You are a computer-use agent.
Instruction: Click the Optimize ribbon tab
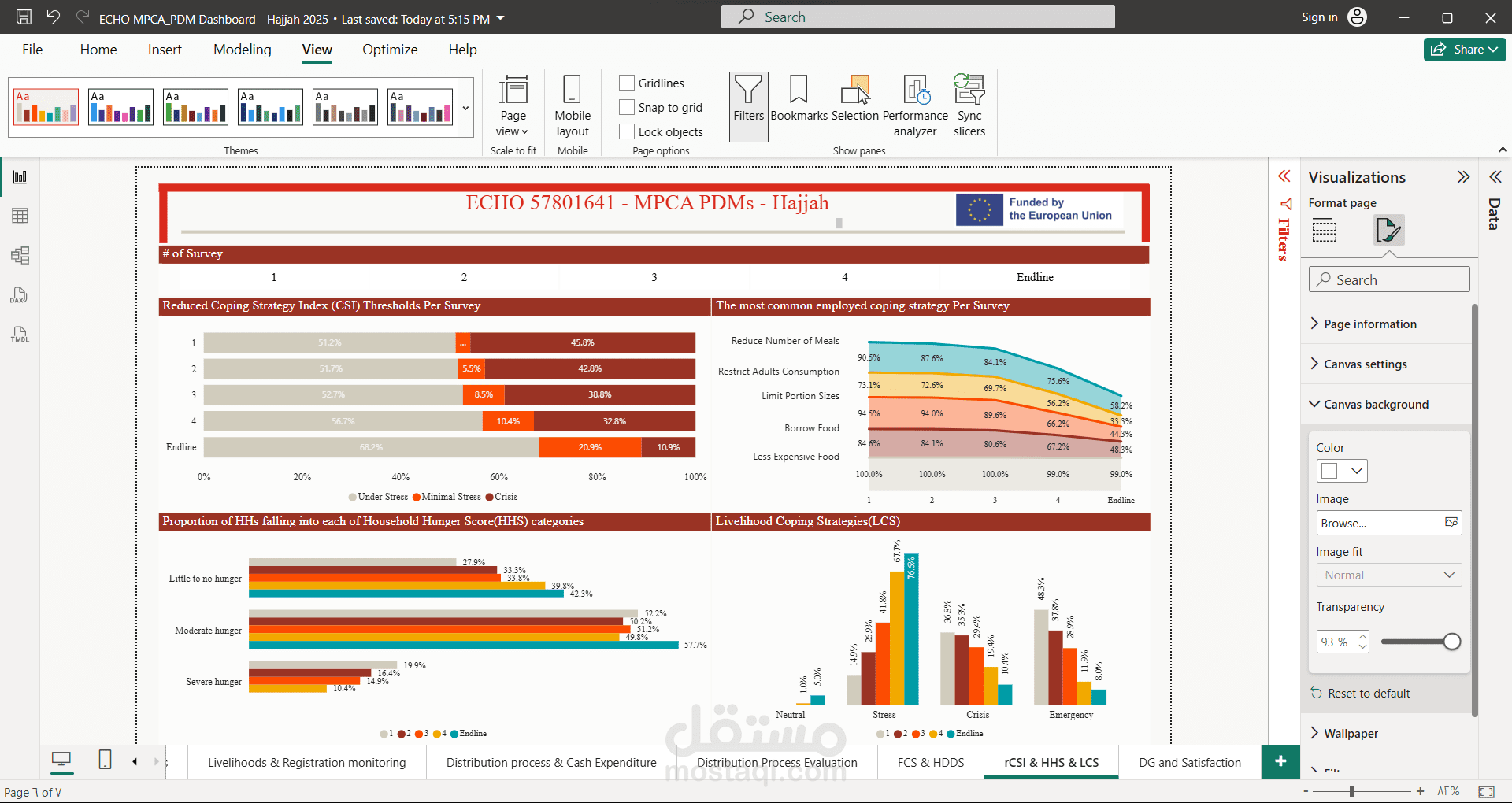(x=390, y=50)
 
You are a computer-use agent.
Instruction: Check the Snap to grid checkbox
(x=628, y=107)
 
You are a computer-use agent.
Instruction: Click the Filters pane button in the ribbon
(x=748, y=106)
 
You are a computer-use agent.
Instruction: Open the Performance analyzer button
(x=915, y=106)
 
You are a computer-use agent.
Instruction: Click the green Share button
(x=1464, y=50)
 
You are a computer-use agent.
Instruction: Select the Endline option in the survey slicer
(x=1034, y=277)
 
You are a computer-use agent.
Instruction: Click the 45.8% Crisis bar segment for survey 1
(x=583, y=342)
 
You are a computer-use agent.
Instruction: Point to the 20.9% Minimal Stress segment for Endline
(x=590, y=447)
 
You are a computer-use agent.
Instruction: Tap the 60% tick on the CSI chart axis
(x=498, y=477)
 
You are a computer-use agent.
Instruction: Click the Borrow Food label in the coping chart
(x=811, y=428)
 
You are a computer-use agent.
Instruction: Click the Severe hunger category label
(x=213, y=682)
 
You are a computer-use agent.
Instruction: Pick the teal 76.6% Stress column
(x=911, y=629)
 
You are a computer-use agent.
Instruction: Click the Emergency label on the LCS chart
(x=1071, y=715)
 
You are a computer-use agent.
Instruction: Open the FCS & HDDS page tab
(x=931, y=762)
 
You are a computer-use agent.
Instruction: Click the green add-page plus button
(x=1280, y=761)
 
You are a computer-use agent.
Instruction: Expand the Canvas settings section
(x=1365, y=364)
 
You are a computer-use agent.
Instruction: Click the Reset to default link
(x=1369, y=694)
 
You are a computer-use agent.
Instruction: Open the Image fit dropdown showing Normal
(x=1388, y=575)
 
